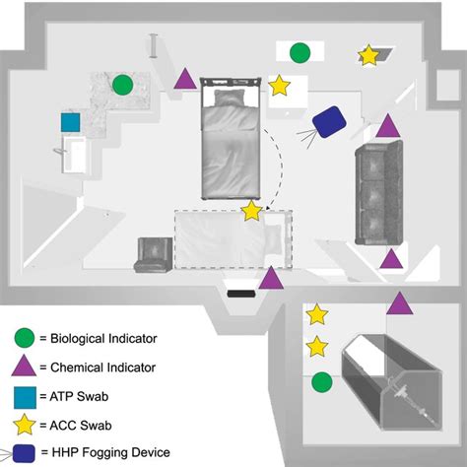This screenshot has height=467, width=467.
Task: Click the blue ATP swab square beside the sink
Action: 70,122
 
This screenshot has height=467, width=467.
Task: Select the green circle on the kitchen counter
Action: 122,85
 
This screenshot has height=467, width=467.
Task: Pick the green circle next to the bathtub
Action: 321,381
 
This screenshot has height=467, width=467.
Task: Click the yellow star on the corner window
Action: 368,55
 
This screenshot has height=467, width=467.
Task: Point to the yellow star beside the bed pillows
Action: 280,87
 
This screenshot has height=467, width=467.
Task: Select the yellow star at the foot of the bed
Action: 252,210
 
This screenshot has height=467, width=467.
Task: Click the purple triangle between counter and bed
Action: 184,81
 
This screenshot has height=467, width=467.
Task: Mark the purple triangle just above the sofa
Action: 388,126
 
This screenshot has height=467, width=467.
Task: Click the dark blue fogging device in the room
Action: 327,122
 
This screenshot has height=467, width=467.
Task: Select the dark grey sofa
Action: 380,193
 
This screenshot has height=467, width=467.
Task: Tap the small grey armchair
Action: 155,255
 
